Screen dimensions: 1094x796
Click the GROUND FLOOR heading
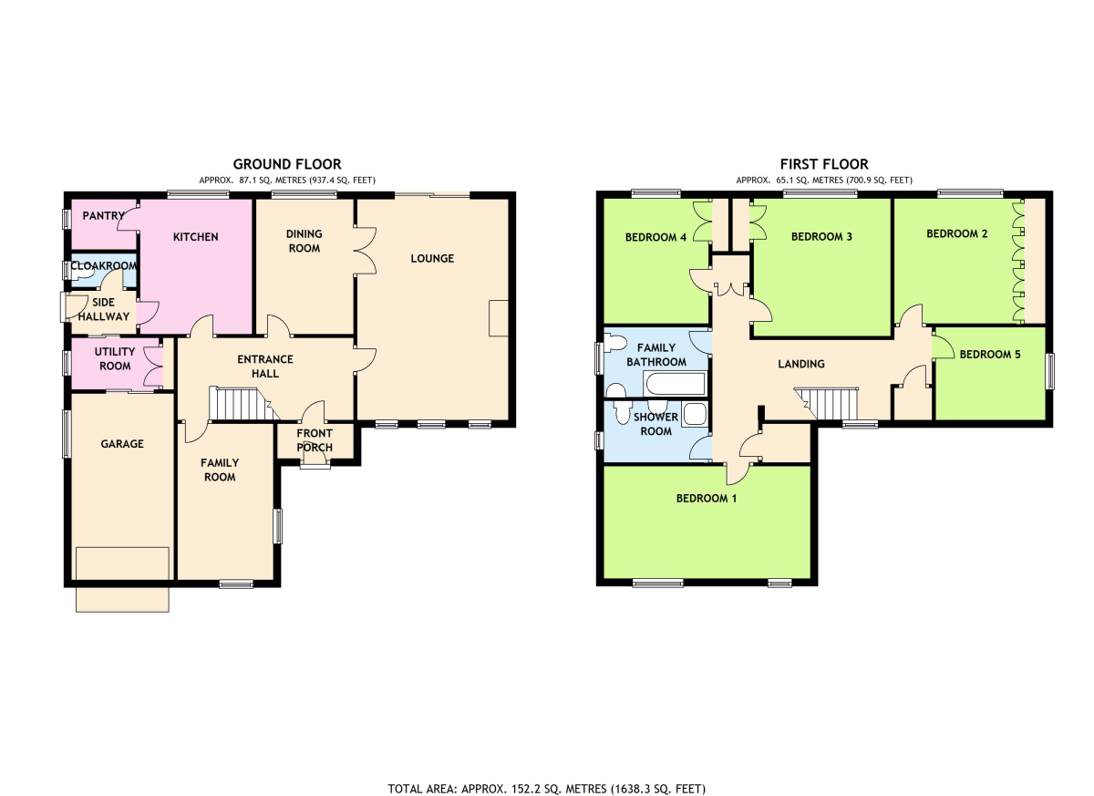click(287, 164)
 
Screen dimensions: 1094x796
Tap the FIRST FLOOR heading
click(824, 164)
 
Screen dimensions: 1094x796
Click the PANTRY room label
click(104, 216)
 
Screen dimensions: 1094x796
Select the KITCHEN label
click(196, 237)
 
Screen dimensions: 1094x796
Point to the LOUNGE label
click(432, 258)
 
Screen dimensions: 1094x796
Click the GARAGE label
click(122, 444)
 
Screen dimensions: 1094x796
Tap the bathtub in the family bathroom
click(675, 384)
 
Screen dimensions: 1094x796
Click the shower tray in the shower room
click(695, 415)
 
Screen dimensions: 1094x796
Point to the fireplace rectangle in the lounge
click(499, 318)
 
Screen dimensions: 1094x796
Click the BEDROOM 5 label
click(990, 355)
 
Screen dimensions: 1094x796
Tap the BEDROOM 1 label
click(707, 499)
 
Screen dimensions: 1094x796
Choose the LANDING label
click(801, 364)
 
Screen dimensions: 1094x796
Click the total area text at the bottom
click(546, 776)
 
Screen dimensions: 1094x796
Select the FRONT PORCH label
click(315, 440)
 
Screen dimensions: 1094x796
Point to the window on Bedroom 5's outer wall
click(1049, 372)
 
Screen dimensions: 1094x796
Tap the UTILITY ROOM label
click(115, 359)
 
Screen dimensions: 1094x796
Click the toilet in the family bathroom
click(614, 343)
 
